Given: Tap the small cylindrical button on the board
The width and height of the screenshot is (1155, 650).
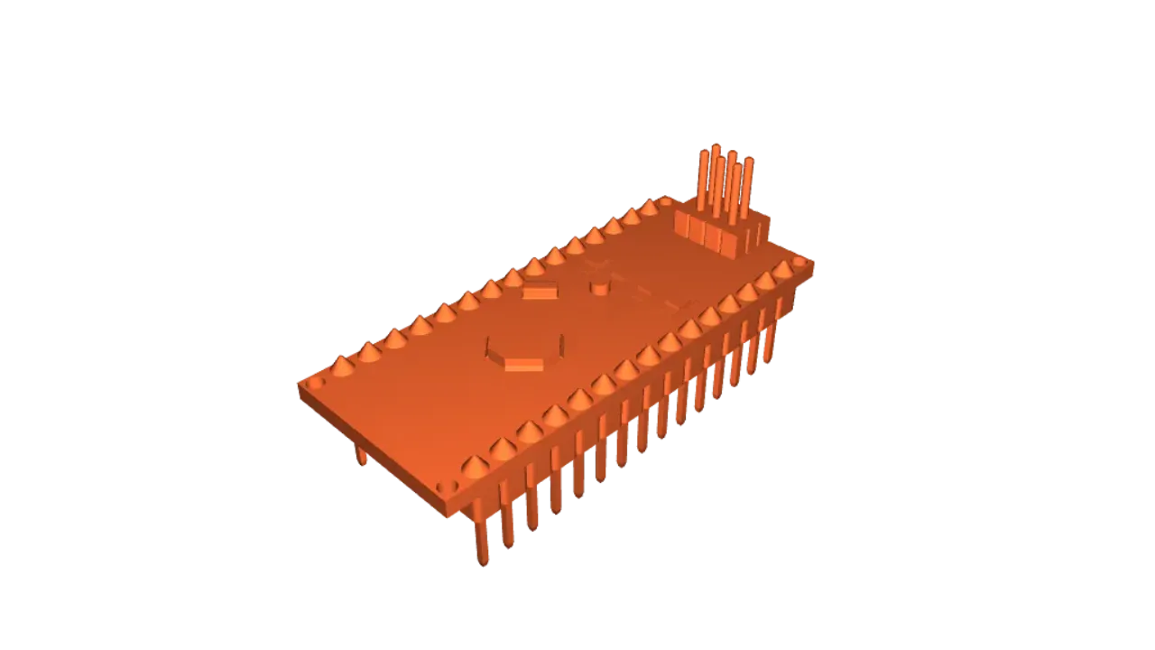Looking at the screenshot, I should pos(598,287).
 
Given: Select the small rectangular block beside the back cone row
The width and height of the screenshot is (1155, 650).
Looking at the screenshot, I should pos(541,292).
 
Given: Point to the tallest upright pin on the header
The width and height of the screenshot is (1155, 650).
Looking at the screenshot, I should pos(716,176).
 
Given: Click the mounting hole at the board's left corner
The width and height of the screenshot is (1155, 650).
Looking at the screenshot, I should pos(314,384).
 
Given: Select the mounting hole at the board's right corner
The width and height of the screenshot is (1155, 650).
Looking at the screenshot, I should pos(799,261).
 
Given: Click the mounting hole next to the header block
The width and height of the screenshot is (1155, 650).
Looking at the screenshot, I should pos(666,202).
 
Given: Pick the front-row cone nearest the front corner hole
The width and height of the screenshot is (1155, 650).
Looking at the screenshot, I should pos(476,466).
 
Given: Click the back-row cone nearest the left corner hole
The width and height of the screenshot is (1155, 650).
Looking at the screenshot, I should pos(343,366).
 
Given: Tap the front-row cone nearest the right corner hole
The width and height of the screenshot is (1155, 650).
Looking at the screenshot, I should pos(781,269).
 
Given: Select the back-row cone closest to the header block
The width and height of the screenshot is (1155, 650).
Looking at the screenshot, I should pos(649,209).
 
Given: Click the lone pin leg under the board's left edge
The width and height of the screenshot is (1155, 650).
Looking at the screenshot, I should pos(363,456).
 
